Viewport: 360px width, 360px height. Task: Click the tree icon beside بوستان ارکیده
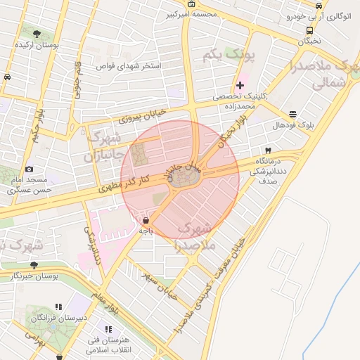(37, 33)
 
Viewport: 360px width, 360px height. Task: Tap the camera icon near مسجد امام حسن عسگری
(29, 169)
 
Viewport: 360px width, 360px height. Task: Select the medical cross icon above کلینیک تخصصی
(240, 85)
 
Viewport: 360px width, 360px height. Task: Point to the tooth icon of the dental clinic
(268, 150)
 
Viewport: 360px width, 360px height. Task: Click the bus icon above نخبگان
(310, 30)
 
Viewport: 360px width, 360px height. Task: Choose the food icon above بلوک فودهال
(292, 114)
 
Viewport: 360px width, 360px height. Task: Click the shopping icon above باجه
(145, 220)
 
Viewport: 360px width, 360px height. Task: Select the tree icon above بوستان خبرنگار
(34, 265)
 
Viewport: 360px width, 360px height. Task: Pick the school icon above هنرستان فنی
(108, 329)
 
